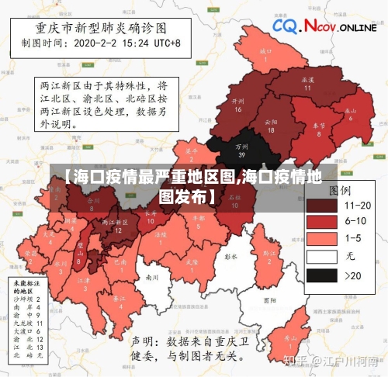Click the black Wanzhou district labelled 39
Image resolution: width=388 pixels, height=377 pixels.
(242, 150)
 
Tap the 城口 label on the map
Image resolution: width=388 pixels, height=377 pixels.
(266, 54)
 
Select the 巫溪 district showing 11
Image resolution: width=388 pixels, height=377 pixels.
(307, 83)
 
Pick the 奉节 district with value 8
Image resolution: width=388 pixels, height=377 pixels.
(318, 128)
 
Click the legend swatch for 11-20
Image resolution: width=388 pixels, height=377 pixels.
(320, 206)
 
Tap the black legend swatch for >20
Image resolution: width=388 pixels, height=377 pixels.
(320, 275)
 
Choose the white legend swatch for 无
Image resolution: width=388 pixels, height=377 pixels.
(320, 257)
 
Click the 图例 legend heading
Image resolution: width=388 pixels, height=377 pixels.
(339, 189)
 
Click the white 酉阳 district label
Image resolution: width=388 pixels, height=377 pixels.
(269, 299)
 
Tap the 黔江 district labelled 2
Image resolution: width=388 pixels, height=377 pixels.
(269, 254)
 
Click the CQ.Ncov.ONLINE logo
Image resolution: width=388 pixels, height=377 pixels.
(324, 27)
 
